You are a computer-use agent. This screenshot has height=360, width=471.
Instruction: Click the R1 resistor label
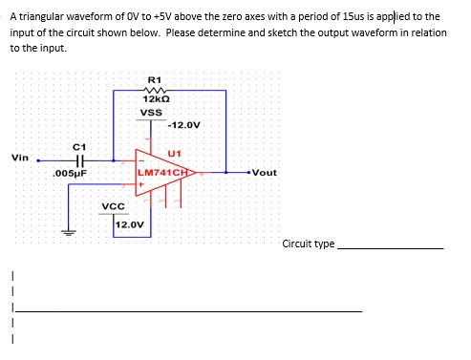click(156, 78)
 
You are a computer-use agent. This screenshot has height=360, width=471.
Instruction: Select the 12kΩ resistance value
click(156, 100)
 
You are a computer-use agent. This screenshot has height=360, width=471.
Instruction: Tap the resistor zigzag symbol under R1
click(156, 90)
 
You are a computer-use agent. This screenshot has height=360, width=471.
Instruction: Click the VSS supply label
click(151, 113)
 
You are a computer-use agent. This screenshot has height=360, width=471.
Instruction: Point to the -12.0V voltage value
click(183, 125)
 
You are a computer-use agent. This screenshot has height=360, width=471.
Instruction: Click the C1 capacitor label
click(80, 145)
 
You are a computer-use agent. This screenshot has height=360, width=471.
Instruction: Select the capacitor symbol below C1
click(80, 160)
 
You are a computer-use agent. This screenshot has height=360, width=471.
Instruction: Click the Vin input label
click(20, 158)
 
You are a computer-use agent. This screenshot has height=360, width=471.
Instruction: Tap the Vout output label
click(263, 173)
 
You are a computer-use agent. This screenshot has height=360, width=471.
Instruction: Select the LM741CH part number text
click(166, 173)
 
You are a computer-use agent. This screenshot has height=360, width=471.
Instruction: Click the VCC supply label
click(114, 206)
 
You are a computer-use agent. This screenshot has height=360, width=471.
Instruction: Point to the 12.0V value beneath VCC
click(129, 225)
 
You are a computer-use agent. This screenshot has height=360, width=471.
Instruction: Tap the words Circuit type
click(309, 244)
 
